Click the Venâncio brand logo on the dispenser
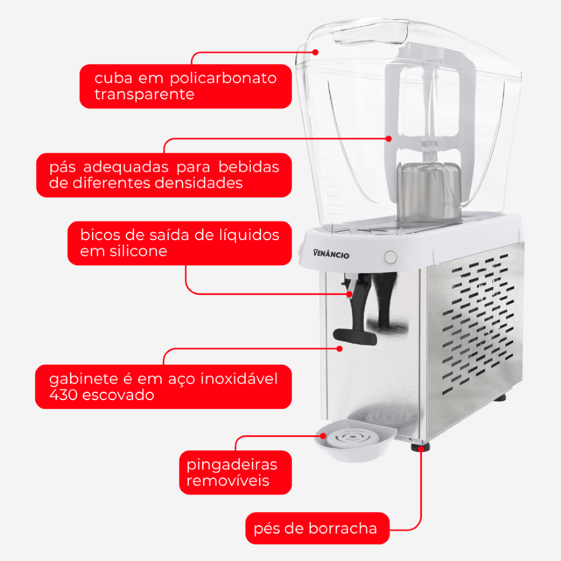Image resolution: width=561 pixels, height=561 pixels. pos(331,254)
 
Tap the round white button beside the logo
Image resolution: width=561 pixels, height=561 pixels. pos(390,257)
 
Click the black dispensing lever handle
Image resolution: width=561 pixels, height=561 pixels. pos(355,337)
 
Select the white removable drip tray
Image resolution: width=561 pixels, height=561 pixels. pos(355,441)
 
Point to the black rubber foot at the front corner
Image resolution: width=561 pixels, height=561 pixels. pos(420,447)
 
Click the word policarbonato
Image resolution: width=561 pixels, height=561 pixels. pos(223,79)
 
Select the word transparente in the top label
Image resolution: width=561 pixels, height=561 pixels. pos(145,94)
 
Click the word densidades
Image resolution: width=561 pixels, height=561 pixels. pos(199,183)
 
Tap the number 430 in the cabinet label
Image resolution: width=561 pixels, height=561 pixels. pos(63,394)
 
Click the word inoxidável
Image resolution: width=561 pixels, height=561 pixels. pos(239,379)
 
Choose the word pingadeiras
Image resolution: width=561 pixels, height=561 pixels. pos(232,465)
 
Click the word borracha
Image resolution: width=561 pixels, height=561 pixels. pos(343,528)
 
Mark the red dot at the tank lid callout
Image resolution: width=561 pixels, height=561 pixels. pos(315,52)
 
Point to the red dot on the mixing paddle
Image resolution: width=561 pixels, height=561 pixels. pos(389,139)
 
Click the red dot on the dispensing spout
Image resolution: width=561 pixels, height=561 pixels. pos(350,294)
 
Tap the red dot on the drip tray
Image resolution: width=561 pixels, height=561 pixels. pos(323,436)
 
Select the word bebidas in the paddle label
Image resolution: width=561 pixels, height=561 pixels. pos(249,167)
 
